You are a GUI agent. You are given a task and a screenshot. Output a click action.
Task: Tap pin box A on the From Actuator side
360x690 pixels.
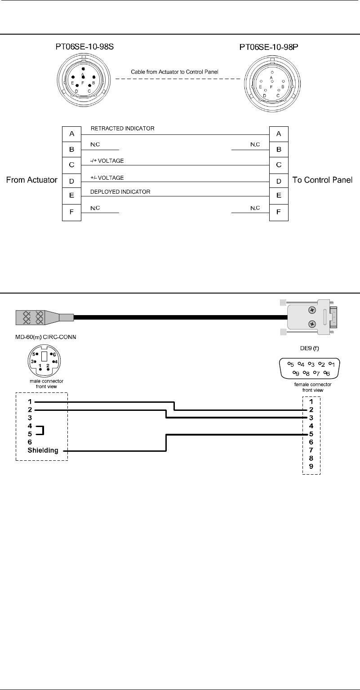click(71, 134)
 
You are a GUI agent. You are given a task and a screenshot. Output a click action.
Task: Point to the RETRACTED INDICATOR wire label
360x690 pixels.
click(122, 129)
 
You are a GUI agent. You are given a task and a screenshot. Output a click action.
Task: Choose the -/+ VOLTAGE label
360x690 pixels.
click(107, 160)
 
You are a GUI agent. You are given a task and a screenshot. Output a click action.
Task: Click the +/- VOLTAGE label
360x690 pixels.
click(107, 178)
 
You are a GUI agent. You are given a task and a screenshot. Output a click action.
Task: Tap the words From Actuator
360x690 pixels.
click(31, 180)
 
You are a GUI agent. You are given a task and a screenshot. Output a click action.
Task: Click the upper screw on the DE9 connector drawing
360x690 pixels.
click(312, 310)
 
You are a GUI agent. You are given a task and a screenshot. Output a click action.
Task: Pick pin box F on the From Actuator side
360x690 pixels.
click(71, 211)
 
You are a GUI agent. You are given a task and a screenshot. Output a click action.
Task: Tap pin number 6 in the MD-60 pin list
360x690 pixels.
click(30, 442)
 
